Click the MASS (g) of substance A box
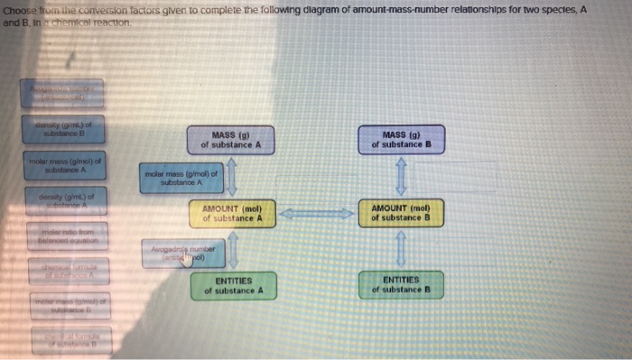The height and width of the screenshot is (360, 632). tap(230, 140)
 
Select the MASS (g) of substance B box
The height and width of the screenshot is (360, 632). tap(401, 140)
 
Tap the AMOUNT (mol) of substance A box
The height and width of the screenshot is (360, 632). tap(232, 213)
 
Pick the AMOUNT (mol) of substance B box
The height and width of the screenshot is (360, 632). tap(401, 213)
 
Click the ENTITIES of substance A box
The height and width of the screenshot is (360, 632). tap(232, 286)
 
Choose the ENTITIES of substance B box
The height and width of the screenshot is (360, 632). tap(401, 286)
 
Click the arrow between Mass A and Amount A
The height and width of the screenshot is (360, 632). tap(231, 176)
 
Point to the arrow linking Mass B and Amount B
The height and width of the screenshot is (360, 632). tap(402, 176)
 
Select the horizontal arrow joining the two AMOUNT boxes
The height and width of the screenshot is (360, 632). tap(316, 214)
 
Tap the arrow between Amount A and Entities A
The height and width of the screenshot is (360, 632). tap(232, 250)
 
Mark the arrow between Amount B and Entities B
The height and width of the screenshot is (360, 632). tap(402, 250)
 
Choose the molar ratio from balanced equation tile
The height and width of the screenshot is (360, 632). tap(62, 237)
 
